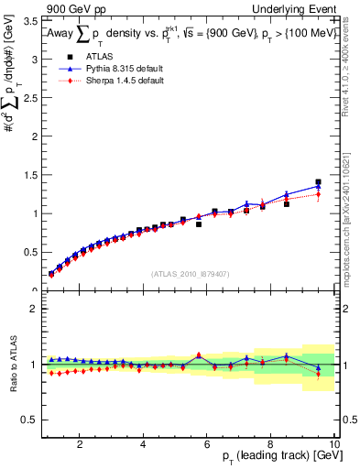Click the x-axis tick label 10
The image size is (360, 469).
coord(334,444)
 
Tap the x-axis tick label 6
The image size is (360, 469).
coord(207,444)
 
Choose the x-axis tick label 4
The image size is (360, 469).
coord(143,444)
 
